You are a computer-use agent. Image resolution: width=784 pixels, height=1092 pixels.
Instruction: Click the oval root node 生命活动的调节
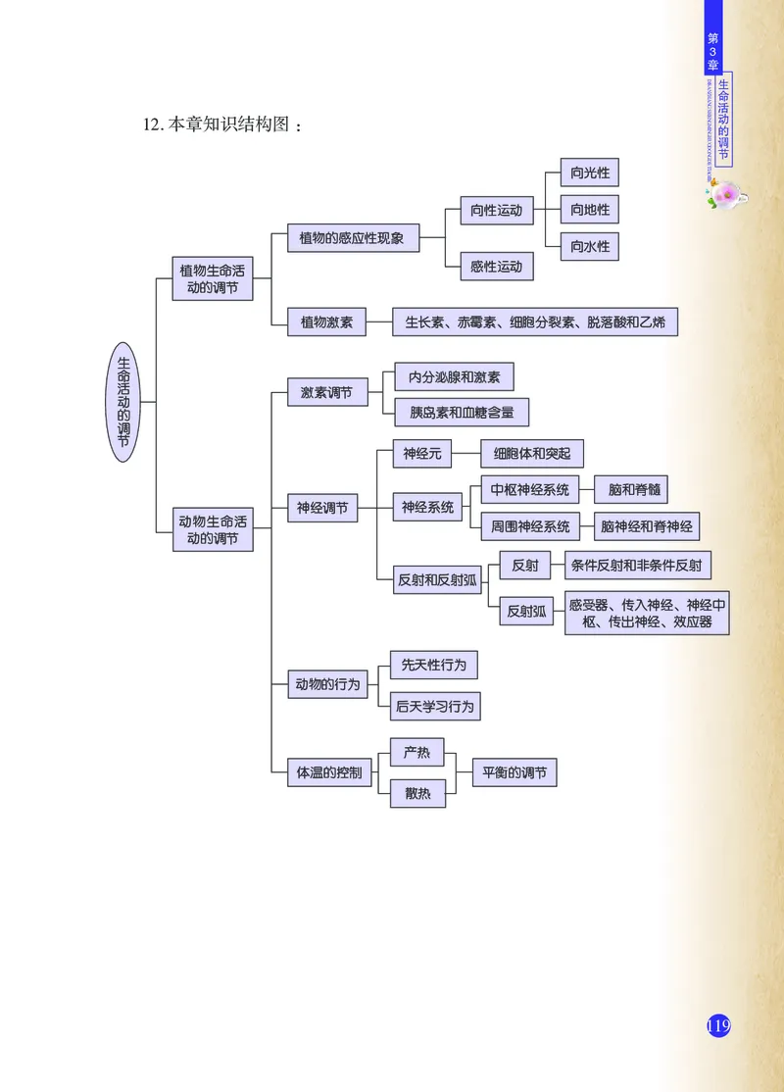coord(122,403)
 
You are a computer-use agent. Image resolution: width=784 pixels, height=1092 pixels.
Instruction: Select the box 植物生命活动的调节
coord(213,279)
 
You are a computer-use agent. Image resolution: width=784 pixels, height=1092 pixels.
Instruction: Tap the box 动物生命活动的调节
coord(213,528)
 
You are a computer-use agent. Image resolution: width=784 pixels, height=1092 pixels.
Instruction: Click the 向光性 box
coord(590,174)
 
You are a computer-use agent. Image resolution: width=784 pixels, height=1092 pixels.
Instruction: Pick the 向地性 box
coord(590,210)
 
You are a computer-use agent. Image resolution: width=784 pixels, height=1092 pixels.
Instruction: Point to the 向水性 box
coord(590,246)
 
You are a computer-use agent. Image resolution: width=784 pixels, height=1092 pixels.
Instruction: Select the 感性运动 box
coord(496,266)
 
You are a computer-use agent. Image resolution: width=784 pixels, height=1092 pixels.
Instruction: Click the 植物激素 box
coord(326,322)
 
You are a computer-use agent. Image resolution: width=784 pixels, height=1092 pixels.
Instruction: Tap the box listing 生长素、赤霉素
coord(535,322)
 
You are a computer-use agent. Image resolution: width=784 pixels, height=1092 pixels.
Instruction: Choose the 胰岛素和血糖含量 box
coord(462,413)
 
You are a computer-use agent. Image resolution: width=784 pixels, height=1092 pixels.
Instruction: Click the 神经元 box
coord(422,454)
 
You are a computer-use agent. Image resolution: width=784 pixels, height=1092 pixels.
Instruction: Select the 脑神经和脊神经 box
coord(647,526)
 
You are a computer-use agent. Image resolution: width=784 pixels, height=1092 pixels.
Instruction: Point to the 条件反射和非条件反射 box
coord(639,566)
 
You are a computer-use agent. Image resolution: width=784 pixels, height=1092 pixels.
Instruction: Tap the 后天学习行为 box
coord(434,706)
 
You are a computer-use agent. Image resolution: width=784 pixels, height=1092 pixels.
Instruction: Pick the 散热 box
coord(417,793)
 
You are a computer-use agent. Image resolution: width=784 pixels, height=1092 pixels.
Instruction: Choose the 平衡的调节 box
coord(514,772)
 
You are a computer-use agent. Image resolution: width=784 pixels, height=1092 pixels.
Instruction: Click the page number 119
coord(718,1025)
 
